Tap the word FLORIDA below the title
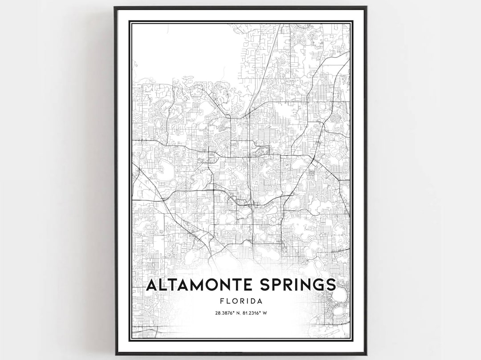pyautogui.click(x=240, y=301)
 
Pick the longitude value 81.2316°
pyautogui.click(x=252, y=313)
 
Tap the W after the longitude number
pyautogui.click(x=265, y=313)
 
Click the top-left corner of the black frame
pyautogui.click(x=115, y=7)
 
